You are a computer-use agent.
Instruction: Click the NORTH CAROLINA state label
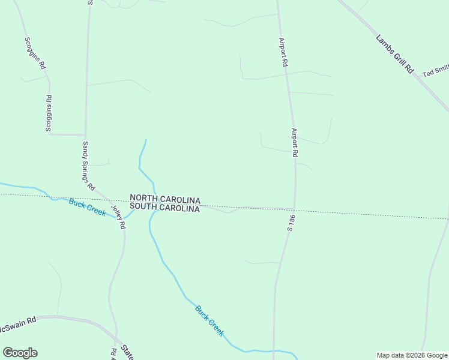[x=165, y=199]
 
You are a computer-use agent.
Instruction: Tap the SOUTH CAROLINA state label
[x=165, y=208]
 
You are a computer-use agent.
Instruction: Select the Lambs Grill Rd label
[x=395, y=54]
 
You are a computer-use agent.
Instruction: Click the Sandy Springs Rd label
[x=88, y=166]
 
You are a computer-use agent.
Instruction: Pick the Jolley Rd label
[x=118, y=217]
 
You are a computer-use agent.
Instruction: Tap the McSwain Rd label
[x=18, y=320]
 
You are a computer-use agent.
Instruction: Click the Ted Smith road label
[x=435, y=71]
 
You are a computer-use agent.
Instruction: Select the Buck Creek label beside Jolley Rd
[x=87, y=207]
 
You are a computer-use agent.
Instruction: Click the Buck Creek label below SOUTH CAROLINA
[x=209, y=320]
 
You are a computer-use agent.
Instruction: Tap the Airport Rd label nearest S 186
[x=295, y=143]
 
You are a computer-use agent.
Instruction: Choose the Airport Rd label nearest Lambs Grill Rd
[x=283, y=52]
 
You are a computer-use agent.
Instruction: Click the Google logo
[x=20, y=353]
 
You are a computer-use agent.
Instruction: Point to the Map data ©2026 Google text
[x=412, y=355]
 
